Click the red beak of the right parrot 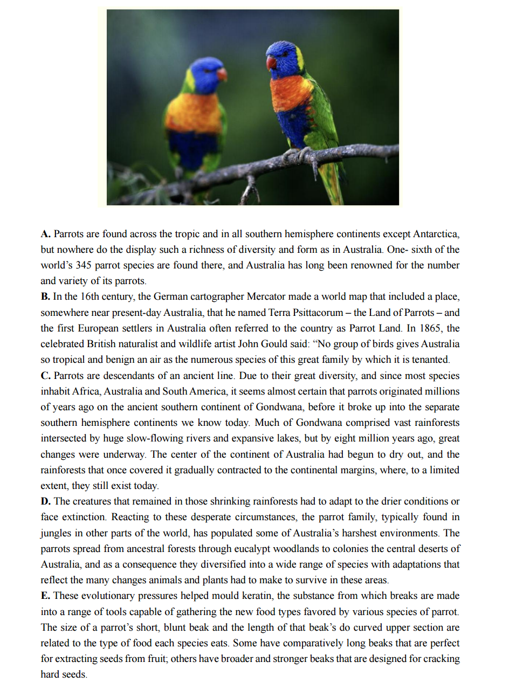(272, 63)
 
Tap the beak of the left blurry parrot (222, 74)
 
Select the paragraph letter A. (45, 234)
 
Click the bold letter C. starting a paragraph (45, 376)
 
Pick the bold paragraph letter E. (45, 596)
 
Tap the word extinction (84, 517)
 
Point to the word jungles (56, 533)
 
